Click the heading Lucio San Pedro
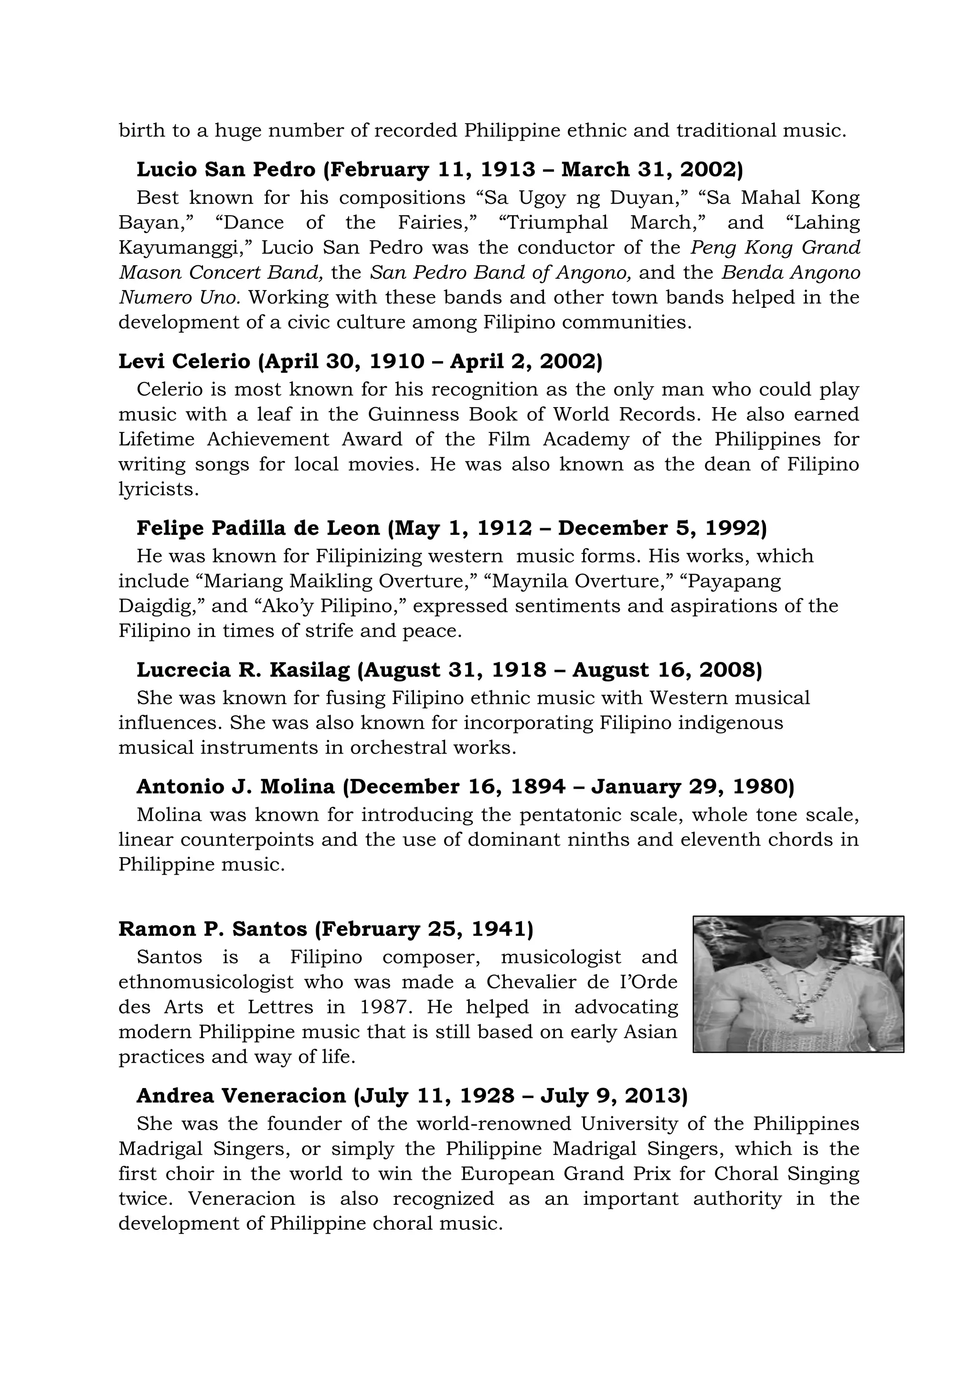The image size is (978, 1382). (440, 170)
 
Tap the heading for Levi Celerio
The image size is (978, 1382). (360, 361)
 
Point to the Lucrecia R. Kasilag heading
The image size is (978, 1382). (449, 670)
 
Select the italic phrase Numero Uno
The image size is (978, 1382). (180, 298)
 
